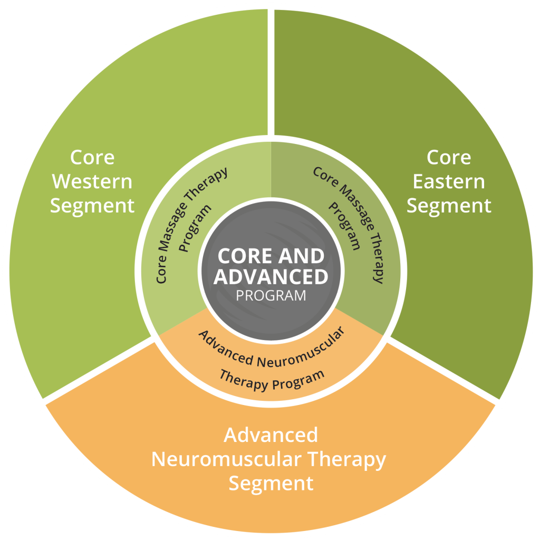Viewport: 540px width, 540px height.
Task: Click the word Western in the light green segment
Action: tap(92, 181)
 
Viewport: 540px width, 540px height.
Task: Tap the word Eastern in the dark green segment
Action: tap(449, 181)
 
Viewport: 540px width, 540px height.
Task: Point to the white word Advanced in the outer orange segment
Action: tap(271, 436)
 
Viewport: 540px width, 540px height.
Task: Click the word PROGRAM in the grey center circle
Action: tap(271, 295)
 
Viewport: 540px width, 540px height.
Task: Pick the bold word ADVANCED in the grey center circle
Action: tap(271, 276)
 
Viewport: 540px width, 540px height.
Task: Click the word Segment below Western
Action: tap(92, 206)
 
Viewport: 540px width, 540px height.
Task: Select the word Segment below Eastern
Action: tap(449, 206)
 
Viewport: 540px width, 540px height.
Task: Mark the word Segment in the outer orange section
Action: tap(271, 483)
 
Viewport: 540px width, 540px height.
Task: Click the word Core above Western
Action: tap(92, 157)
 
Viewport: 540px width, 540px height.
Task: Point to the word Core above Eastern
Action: tap(449, 157)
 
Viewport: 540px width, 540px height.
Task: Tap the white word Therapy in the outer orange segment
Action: tap(347, 459)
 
